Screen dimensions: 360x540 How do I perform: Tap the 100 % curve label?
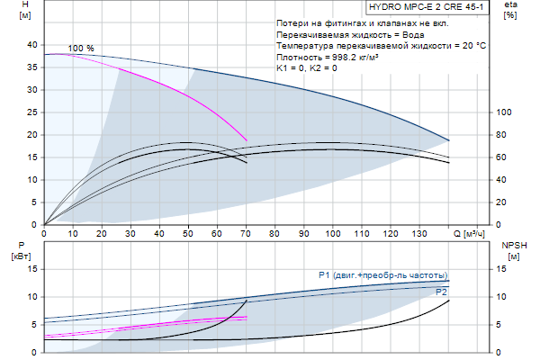coord(81,48)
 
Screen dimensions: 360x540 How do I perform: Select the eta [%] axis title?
coord(510,10)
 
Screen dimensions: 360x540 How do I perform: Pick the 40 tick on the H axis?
coord(32,44)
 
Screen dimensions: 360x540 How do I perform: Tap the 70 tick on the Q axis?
coord(246,233)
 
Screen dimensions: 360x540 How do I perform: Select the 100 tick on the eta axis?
coord(505,112)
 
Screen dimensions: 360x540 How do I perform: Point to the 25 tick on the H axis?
coord(32,112)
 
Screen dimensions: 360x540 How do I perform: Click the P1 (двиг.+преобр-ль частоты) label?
coord(382,274)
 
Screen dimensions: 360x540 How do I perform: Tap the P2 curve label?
coord(441,292)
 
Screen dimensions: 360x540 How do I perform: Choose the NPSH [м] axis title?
coord(513,250)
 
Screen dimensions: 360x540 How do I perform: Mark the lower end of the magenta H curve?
coord(247,139)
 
